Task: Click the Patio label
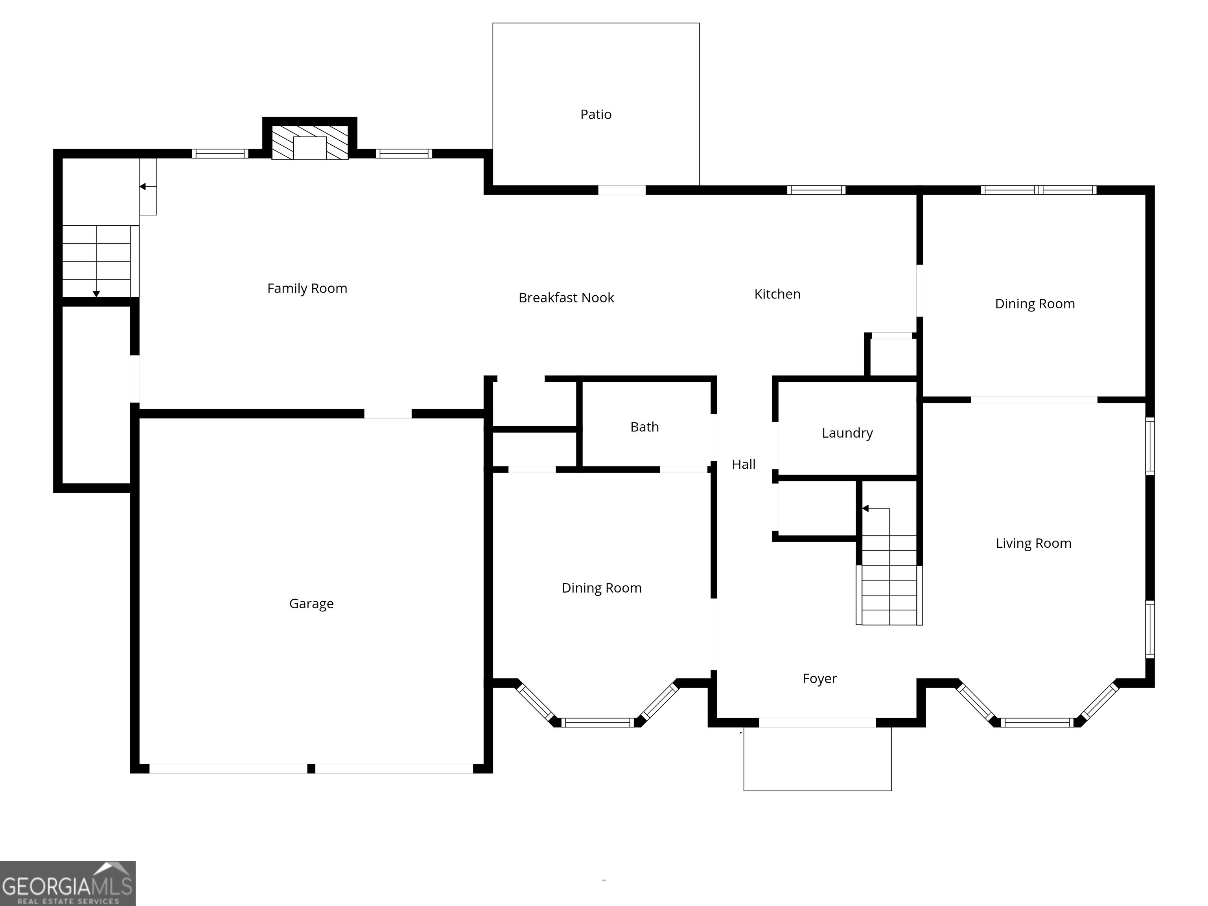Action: pyautogui.click(x=595, y=114)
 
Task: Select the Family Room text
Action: pyautogui.click(x=307, y=288)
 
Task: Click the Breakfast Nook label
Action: pyautogui.click(x=566, y=298)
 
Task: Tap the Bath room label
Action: pyautogui.click(x=645, y=427)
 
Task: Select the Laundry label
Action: pyautogui.click(x=847, y=433)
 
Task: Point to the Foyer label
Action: pyautogui.click(x=819, y=679)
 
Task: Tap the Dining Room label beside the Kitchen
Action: pyautogui.click(x=1034, y=304)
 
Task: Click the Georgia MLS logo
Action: pyautogui.click(x=67, y=884)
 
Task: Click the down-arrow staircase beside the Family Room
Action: pyautogui.click(x=97, y=261)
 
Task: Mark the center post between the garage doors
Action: pyautogui.click(x=311, y=768)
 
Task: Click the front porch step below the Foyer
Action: pyautogui.click(x=817, y=759)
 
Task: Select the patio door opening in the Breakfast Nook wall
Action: pyautogui.click(x=621, y=190)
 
